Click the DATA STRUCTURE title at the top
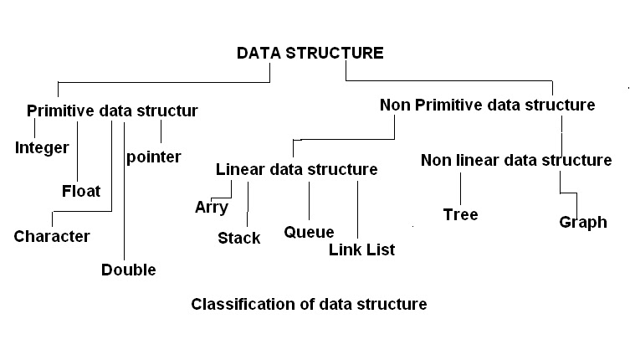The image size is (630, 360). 310,54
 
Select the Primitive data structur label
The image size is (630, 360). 112,111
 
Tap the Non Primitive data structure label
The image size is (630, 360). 487,105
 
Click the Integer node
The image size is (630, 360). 42,148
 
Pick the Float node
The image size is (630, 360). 81,191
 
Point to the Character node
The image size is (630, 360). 52,236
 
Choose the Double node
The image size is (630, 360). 129,270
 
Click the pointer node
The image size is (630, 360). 153,157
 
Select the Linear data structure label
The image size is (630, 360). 296,169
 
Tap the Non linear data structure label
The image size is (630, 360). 515,160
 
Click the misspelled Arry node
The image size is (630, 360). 211,208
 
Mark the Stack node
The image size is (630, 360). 238,238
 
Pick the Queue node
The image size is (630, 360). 309,232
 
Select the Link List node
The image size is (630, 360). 361,249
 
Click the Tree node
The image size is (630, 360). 460,214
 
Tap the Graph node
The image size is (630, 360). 583,223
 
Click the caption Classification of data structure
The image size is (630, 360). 309,304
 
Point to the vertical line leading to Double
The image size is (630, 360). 124,193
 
